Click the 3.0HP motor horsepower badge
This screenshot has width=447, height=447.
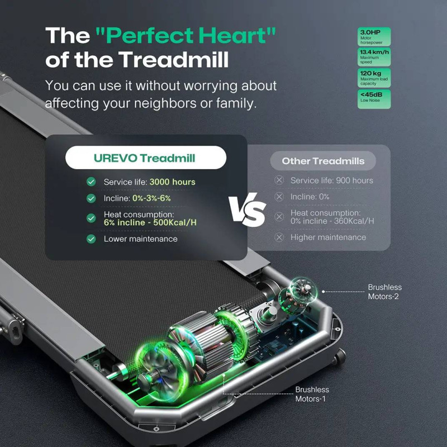click(374, 36)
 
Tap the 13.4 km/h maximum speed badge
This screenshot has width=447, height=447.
click(374, 57)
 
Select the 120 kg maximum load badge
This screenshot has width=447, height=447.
click(374, 78)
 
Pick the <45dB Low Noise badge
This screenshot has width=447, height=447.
click(374, 99)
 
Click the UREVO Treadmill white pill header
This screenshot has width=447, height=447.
click(146, 158)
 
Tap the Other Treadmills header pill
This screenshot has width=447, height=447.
click(323, 161)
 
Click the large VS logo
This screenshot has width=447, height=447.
click(248, 210)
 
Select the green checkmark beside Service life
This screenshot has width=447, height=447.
click(91, 182)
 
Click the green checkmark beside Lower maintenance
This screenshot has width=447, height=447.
click(91, 239)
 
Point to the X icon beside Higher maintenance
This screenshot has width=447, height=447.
click(279, 237)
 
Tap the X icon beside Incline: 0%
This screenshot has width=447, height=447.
click(279, 197)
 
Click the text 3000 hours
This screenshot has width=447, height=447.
click(173, 182)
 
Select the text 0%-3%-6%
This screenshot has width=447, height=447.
click(151, 198)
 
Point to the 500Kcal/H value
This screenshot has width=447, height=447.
click(175, 222)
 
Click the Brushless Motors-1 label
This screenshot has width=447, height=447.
click(312, 394)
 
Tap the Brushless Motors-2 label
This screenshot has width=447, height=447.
click(384, 292)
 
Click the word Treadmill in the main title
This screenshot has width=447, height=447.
click(173, 59)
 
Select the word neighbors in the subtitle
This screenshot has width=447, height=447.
click(165, 103)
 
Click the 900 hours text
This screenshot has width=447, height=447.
click(354, 180)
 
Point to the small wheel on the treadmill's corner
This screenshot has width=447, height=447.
click(340, 356)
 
